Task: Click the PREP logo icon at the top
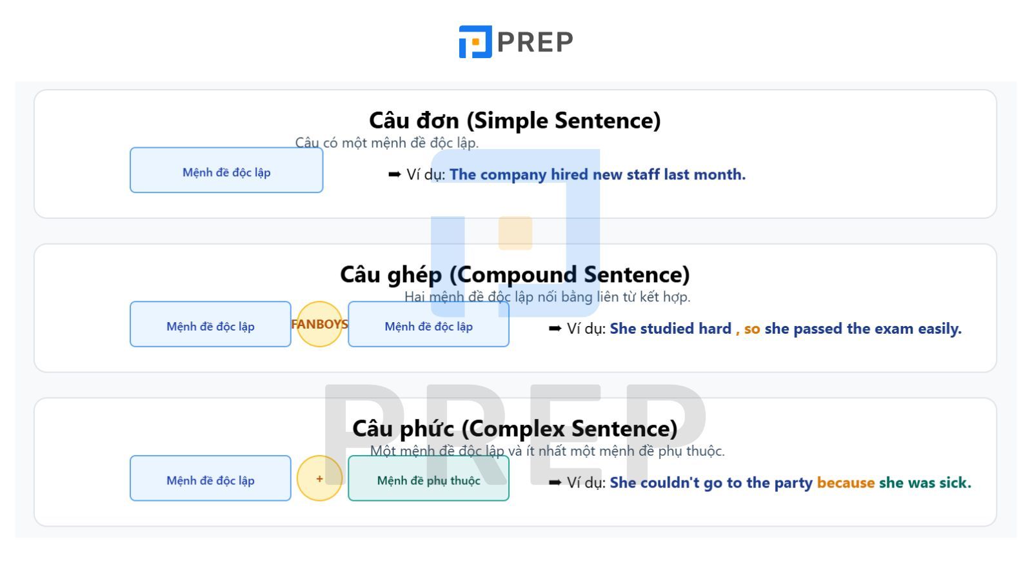[475, 41]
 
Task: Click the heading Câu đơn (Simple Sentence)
[515, 120]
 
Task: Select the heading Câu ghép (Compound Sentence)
[515, 274]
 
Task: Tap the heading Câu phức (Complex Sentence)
[515, 429]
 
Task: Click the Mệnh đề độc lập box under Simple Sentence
[226, 170]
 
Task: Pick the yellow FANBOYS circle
[319, 324]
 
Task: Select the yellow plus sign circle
[319, 478]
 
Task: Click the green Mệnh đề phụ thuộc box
[428, 478]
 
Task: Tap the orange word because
[846, 482]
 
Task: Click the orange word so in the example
[752, 329]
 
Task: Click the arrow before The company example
[394, 174]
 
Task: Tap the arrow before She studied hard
[555, 329]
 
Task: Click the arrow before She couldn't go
[555, 482]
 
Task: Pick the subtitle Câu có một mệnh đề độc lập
[387, 143]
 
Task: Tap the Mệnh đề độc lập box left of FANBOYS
[210, 324]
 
